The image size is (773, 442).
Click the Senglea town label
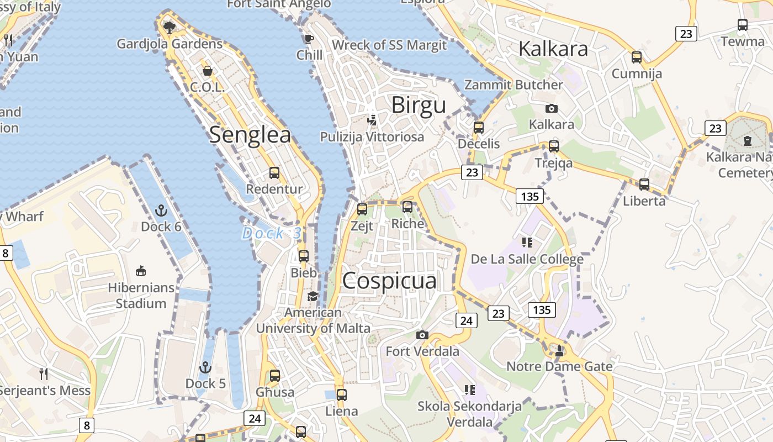tap(250, 134)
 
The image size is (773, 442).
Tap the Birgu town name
tap(418, 105)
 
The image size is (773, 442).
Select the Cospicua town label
tap(389, 281)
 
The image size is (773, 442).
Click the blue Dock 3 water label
tap(272, 234)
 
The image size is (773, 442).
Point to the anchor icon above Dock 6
tap(161, 211)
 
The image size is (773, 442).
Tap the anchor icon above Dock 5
tap(205, 367)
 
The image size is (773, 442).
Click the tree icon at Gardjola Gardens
tap(170, 27)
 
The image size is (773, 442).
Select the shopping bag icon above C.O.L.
tap(208, 71)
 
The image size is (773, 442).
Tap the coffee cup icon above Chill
tap(309, 39)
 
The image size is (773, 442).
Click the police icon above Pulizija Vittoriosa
tap(372, 120)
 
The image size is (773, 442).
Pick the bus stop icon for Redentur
tap(274, 173)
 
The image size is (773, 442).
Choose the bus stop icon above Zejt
tap(362, 209)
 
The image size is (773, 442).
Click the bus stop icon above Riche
tap(407, 207)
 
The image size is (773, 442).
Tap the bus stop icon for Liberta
tap(644, 185)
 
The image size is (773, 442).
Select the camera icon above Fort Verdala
tap(422, 335)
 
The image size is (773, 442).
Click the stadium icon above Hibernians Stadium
tap(141, 271)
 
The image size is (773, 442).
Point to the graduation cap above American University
tap(313, 297)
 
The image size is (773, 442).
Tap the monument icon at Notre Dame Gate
tap(559, 350)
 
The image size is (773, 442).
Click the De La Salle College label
tap(527, 259)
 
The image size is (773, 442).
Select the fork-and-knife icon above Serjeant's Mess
tap(44, 374)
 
